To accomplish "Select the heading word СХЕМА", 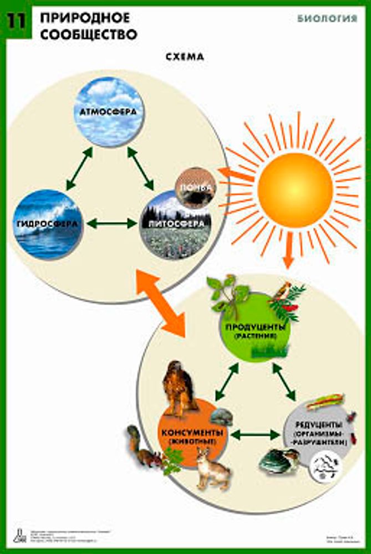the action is tap(185, 57).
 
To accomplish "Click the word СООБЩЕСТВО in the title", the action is tap(88, 34).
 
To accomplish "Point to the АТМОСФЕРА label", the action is tap(109, 110).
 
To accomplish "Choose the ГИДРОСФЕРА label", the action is tap(47, 223).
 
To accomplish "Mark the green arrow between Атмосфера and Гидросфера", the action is tap(79, 170).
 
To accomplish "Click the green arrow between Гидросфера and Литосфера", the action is tap(111, 224).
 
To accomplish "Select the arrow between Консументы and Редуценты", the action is tap(255, 434).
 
